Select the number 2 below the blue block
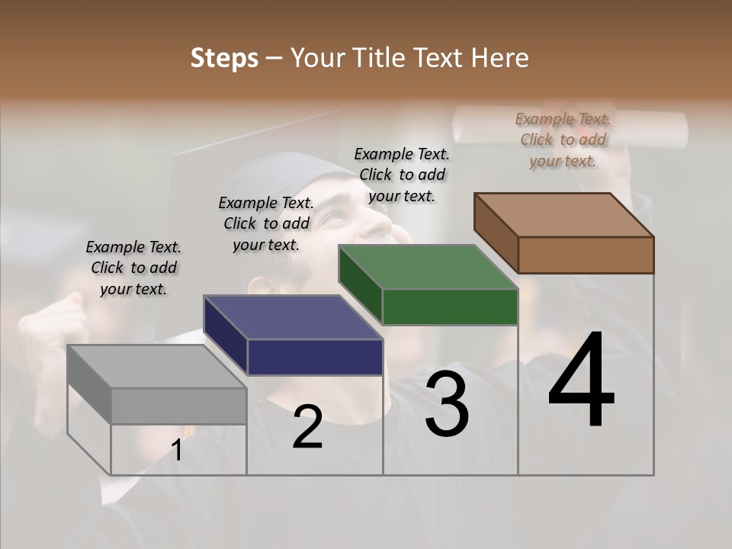point(307,426)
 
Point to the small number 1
point(177,451)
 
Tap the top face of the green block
point(428,267)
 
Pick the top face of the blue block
point(293,317)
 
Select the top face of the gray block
point(157,367)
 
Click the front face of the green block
point(450,307)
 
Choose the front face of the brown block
point(586,255)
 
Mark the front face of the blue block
point(315,357)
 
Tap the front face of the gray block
point(178,406)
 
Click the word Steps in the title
point(224,58)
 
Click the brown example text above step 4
point(563,140)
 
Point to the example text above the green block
point(402,175)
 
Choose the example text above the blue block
point(266,223)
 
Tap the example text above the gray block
point(133,268)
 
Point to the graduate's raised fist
point(65,320)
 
